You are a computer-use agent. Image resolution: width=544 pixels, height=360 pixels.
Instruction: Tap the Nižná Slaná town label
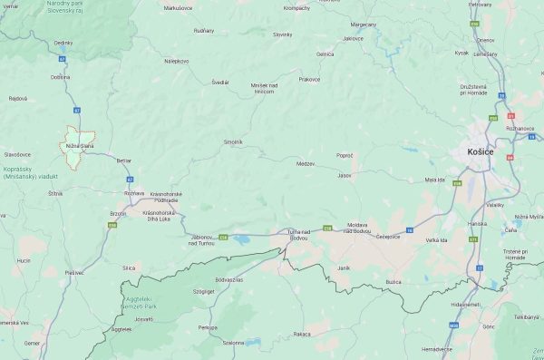tap(80, 145)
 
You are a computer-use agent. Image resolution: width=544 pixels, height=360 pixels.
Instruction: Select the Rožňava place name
tap(134, 193)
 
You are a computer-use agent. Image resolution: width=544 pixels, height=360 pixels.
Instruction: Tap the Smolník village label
tap(233, 141)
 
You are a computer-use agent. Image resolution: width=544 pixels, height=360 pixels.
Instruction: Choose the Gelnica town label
tap(325, 54)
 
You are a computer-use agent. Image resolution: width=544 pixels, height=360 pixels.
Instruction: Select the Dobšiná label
tap(60, 76)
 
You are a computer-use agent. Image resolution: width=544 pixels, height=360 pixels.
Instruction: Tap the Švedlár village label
tap(220, 82)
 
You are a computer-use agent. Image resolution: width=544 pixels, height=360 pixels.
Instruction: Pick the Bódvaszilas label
tap(228, 279)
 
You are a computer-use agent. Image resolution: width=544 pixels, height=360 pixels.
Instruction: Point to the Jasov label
tap(344, 175)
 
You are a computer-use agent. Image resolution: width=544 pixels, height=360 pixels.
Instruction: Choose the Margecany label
tap(364, 24)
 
